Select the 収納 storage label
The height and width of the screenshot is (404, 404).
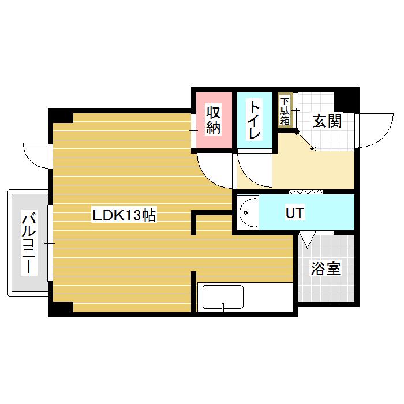pos(214,119)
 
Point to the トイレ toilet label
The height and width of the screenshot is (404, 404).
pos(254,120)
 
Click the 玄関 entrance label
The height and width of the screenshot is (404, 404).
pos(327,121)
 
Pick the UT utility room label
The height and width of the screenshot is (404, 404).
pos(295,212)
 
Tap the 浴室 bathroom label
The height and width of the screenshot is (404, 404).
pos(326,268)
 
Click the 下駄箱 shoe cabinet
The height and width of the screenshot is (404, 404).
pos(285,110)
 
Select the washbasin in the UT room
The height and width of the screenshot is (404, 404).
pos(248,212)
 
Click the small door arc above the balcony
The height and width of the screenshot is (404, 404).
pos(35,155)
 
